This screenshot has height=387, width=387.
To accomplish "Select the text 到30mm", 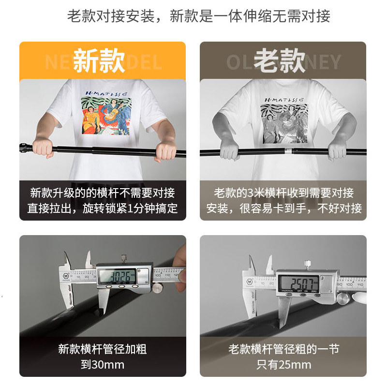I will click(x=103, y=365).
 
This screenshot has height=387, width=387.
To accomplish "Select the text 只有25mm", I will click(x=283, y=365).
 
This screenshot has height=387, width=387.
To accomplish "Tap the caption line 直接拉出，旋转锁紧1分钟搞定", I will click(x=103, y=209).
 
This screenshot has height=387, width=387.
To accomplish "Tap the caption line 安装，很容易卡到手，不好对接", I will click(x=284, y=209).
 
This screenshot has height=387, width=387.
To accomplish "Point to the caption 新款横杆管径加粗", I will click(x=103, y=349).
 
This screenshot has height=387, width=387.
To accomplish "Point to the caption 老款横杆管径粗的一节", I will click(x=283, y=349).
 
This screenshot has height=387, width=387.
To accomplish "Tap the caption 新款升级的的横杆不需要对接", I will click(x=103, y=193).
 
